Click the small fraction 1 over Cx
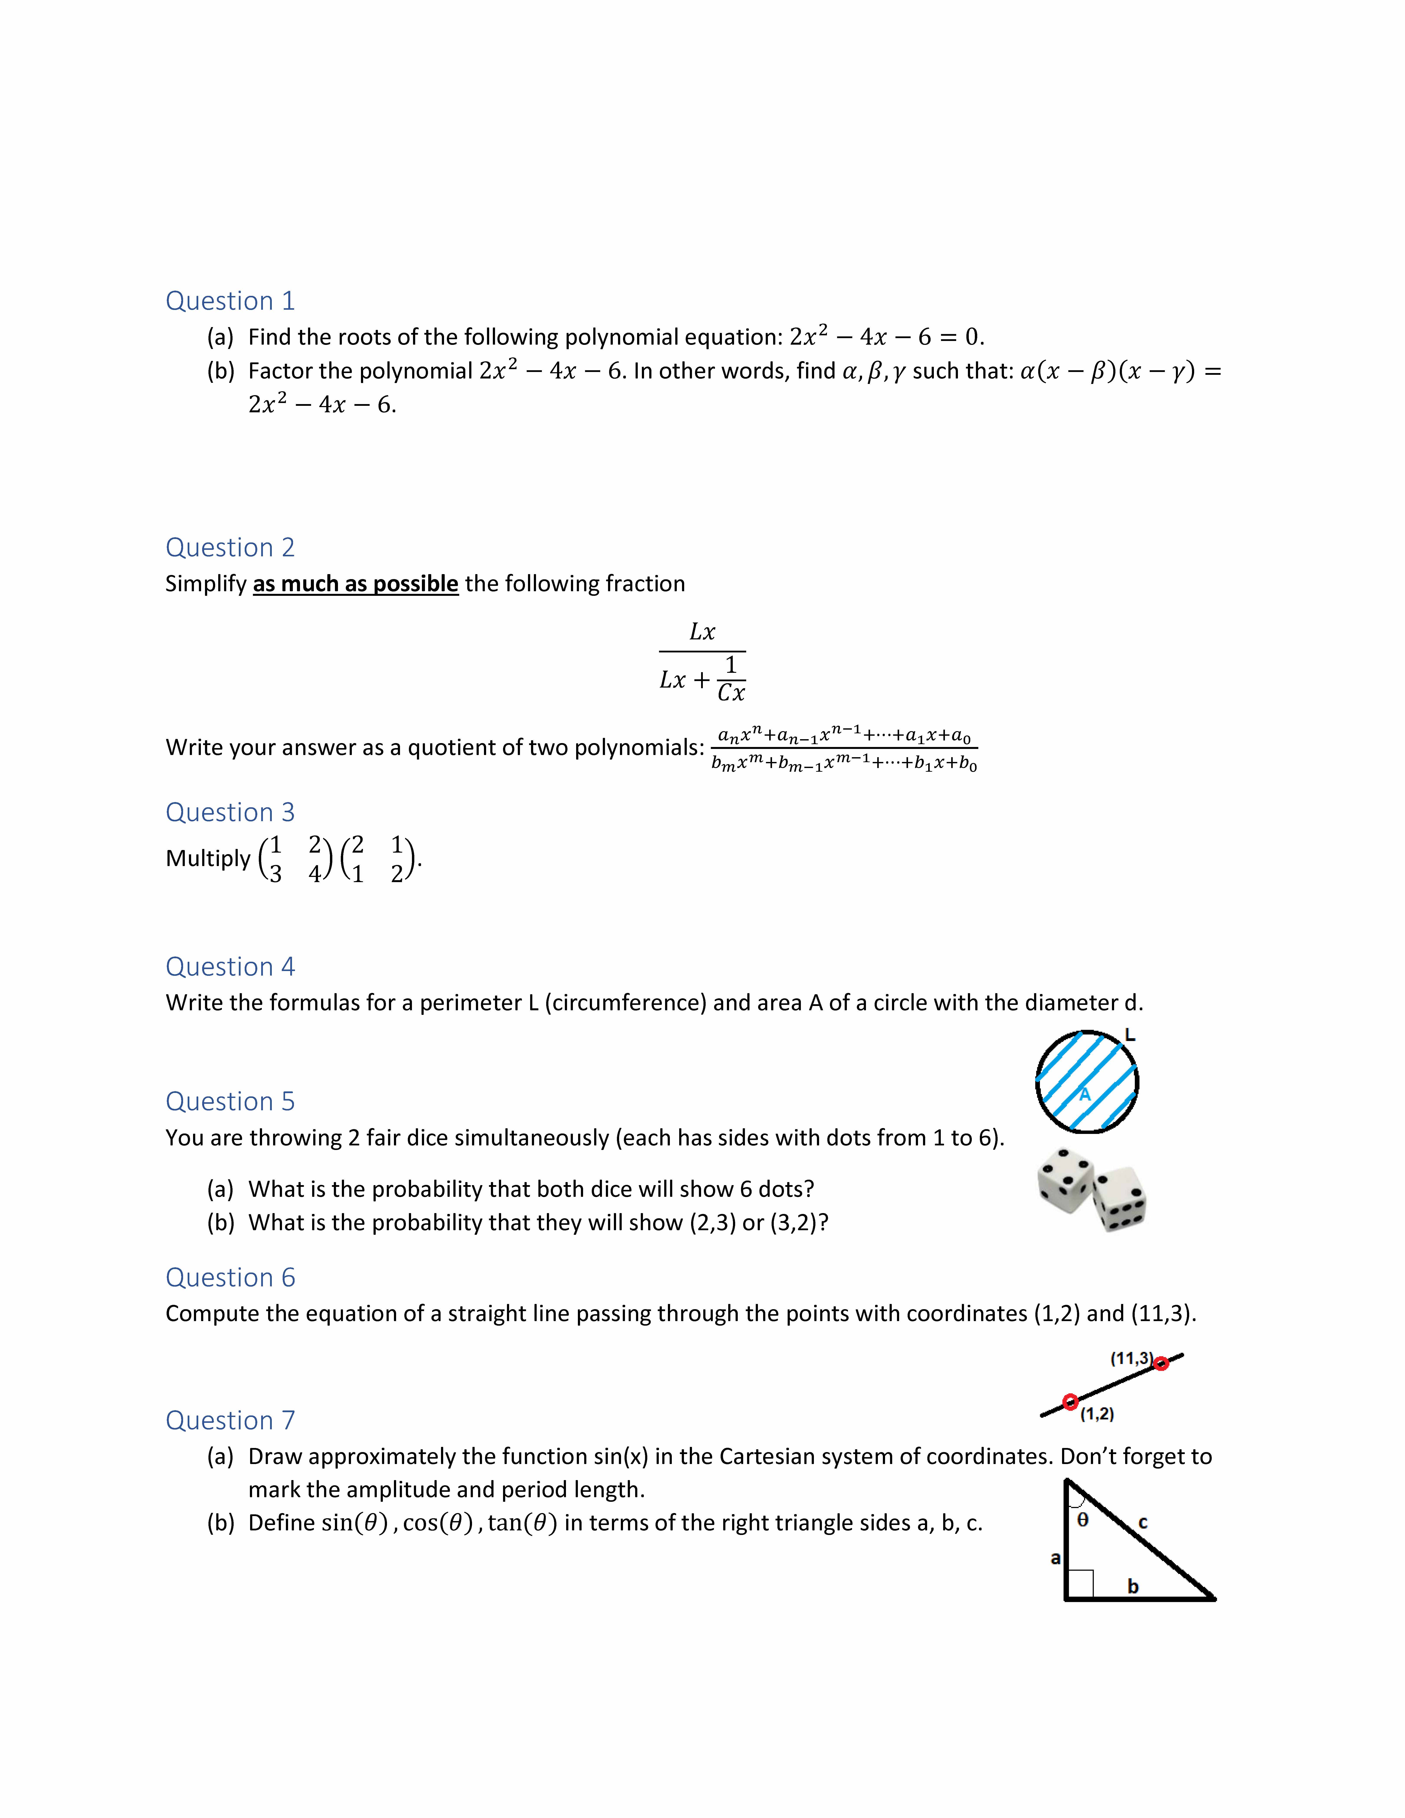coord(731,679)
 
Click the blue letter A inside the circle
coord(1085,1095)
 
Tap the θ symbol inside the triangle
coord(1083,1520)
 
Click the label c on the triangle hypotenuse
coord(1143,1523)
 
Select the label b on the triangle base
coord(1133,1587)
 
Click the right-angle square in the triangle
coord(1080,1583)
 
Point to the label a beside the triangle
coord(1055,1558)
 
